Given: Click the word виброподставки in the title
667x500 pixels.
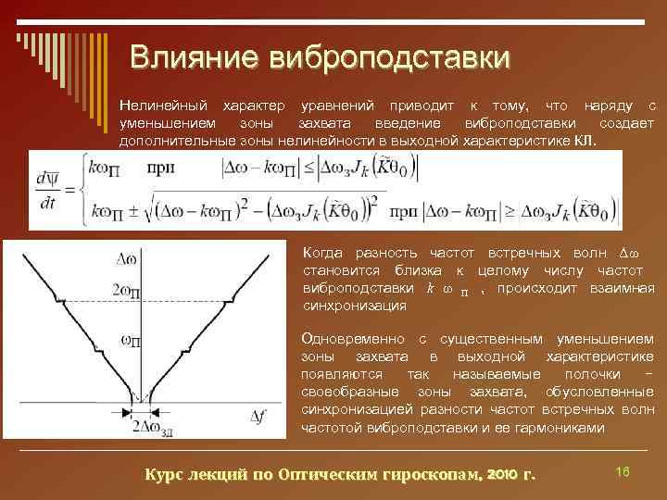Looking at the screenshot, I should [388, 57].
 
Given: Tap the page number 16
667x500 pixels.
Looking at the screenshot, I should [623, 472].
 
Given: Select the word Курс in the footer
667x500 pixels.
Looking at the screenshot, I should [164, 475].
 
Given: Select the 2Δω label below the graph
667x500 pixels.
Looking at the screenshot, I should [150, 427].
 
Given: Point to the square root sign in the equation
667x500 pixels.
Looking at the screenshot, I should [155, 211].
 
